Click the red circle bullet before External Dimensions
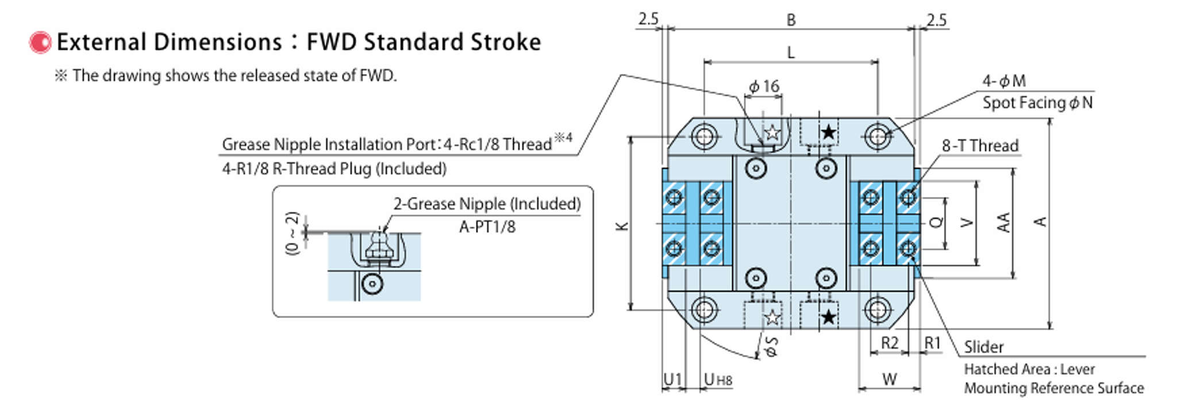(x=40, y=43)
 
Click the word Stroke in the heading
(x=506, y=43)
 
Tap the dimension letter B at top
(x=791, y=20)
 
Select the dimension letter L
(x=791, y=53)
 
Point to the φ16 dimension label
(x=764, y=87)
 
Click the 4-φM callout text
(x=1003, y=81)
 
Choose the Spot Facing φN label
(x=1037, y=103)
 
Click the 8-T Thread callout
(x=980, y=146)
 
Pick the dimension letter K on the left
(x=622, y=226)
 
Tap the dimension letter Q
(x=936, y=222)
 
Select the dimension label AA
(x=1003, y=222)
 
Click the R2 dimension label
(x=889, y=343)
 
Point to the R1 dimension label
(x=932, y=343)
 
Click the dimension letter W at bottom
(x=889, y=379)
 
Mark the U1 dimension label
(x=672, y=379)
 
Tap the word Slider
(x=983, y=347)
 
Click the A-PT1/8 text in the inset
(x=487, y=227)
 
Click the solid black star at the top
(x=828, y=133)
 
